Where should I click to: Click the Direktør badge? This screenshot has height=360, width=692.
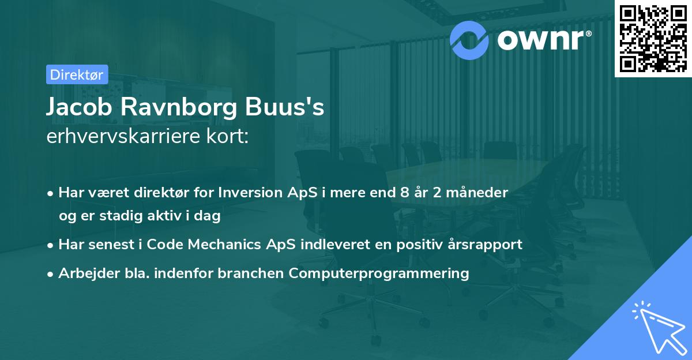tap(77, 74)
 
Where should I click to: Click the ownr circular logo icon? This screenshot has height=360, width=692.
tap(469, 40)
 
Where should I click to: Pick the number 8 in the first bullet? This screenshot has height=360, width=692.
tap(395, 193)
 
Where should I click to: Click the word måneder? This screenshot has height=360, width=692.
tap(480, 193)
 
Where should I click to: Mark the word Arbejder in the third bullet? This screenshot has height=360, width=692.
tap(84, 273)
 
